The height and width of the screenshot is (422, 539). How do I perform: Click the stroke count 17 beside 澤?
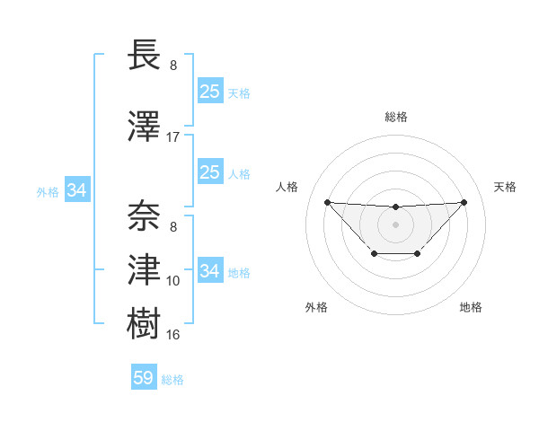coord(173,137)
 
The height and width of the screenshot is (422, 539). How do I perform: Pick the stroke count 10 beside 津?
coord(173,281)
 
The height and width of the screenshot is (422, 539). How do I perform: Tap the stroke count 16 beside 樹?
coord(173,335)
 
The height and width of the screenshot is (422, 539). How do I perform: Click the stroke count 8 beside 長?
coord(173,66)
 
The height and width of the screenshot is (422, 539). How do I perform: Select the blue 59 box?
coord(144,378)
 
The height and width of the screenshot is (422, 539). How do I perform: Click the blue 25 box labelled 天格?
coord(210,91)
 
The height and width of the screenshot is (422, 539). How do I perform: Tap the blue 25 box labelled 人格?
coord(210,171)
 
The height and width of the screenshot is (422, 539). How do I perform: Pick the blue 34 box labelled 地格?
coord(210,270)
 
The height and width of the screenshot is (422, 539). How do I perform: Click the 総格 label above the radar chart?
coord(396,117)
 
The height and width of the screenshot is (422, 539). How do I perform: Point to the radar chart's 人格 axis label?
coord(287,187)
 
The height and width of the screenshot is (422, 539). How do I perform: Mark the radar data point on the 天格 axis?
coord(464,202)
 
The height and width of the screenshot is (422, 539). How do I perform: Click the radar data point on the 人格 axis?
coord(327,202)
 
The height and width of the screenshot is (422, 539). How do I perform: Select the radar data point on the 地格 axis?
coord(418,254)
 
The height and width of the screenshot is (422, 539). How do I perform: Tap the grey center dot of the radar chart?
coord(395,224)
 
